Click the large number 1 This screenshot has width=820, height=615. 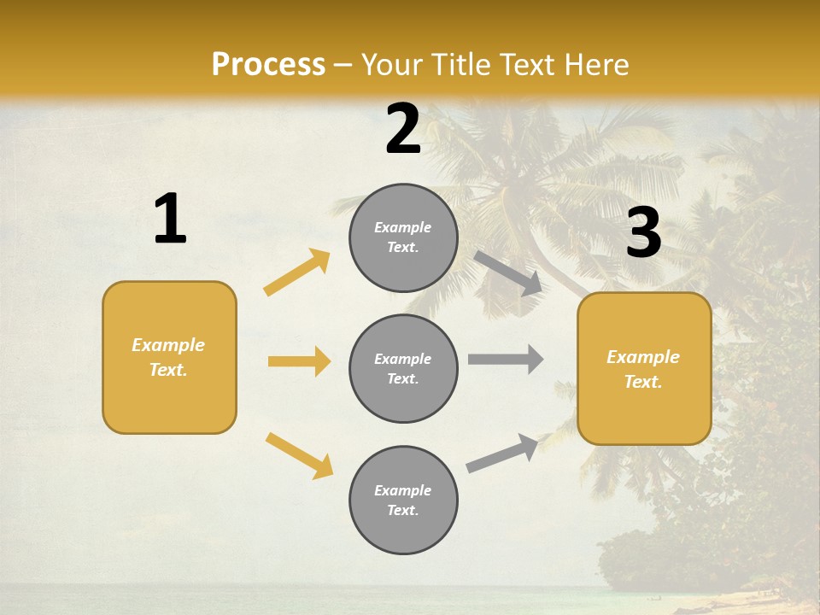(x=170, y=220)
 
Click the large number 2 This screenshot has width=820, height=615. (x=403, y=129)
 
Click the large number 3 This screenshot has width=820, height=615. (x=643, y=233)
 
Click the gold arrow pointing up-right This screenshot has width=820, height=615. (x=297, y=272)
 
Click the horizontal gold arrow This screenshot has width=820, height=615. (x=299, y=361)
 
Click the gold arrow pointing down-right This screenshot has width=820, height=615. (x=299, y=454)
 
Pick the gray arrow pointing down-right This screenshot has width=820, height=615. (x=508, y=272)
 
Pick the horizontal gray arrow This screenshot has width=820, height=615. (x=506, y=360)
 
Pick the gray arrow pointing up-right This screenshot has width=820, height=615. (x=502, y=454)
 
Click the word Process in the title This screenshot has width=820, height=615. (x=268, y=64)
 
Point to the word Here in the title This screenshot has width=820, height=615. (x=597, y=64)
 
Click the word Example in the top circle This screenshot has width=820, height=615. (x=403, y=227)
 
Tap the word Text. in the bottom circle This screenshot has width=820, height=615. (x=403, y=510)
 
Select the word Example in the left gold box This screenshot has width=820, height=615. (x=168, y=345)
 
